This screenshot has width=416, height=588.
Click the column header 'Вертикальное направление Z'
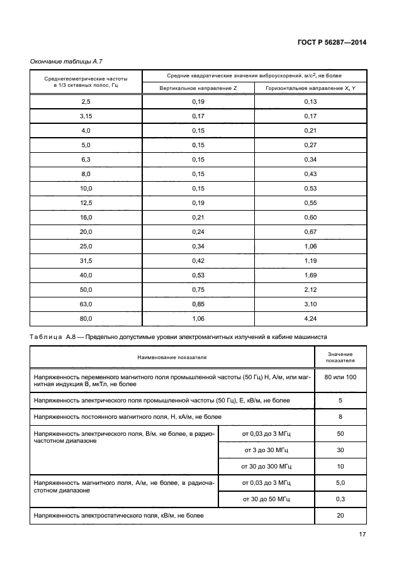point(198,88)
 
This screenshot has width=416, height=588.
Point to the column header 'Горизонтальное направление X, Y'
point(310,88)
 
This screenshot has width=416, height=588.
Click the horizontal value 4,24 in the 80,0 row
point(310,318)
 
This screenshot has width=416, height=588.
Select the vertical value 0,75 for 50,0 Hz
point(198,289)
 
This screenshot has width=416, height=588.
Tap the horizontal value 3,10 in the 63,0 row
point(310,304)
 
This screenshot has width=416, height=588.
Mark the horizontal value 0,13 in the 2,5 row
point(310,101)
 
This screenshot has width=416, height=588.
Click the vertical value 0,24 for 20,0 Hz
point(198,231)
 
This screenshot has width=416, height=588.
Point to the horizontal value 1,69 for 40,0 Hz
point(310,275)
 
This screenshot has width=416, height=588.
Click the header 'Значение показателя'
point(340,357)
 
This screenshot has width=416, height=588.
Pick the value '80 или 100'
point(340,377)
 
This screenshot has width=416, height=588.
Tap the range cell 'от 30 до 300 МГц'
point(266,467)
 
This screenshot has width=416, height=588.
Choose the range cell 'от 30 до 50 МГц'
point(266,499)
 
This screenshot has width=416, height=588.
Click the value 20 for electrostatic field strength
point(340,515)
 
